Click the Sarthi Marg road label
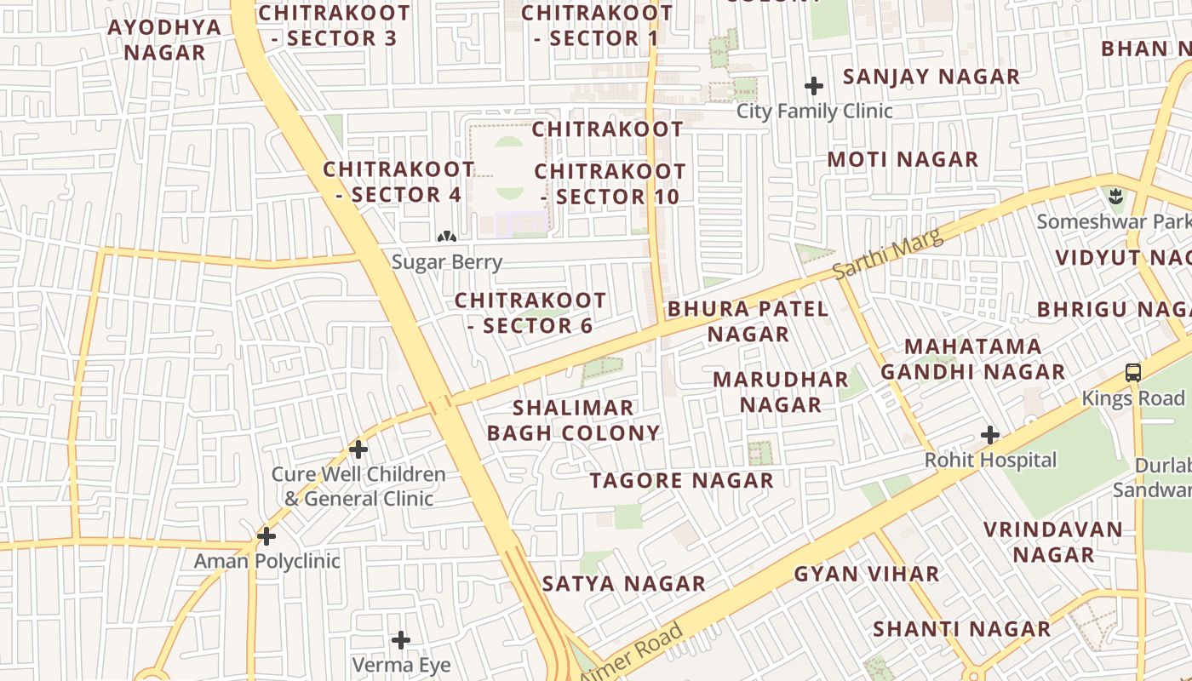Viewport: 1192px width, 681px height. [888, 254]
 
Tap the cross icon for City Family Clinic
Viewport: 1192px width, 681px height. [814, 86]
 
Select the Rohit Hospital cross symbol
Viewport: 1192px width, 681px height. [989, 435]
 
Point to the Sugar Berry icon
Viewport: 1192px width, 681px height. [446, 237]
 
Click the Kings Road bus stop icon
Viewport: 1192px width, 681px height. [1133, 372]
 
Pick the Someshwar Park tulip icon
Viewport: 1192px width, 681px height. [1116, 197]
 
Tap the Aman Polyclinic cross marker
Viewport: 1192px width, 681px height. [266, 536]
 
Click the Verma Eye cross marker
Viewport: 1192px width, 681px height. [401, 640]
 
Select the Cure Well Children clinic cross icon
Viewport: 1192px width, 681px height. [358, 449]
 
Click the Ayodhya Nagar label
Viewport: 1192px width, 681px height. [165, 39]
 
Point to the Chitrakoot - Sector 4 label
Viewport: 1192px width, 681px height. [398, 181]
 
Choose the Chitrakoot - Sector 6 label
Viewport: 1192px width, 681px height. [530, 312]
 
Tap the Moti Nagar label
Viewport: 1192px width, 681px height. [903, 159]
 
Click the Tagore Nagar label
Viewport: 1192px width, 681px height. [682, 480]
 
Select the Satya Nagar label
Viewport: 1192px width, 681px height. [624, 583]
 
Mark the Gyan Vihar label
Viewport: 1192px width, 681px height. [867, 574]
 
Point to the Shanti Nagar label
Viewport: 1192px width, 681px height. [962, 629]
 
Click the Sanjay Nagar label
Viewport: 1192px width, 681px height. [931, 77]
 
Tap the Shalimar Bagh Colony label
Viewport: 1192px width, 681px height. [574, 421]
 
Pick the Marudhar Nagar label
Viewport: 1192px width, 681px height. [781, 392]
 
